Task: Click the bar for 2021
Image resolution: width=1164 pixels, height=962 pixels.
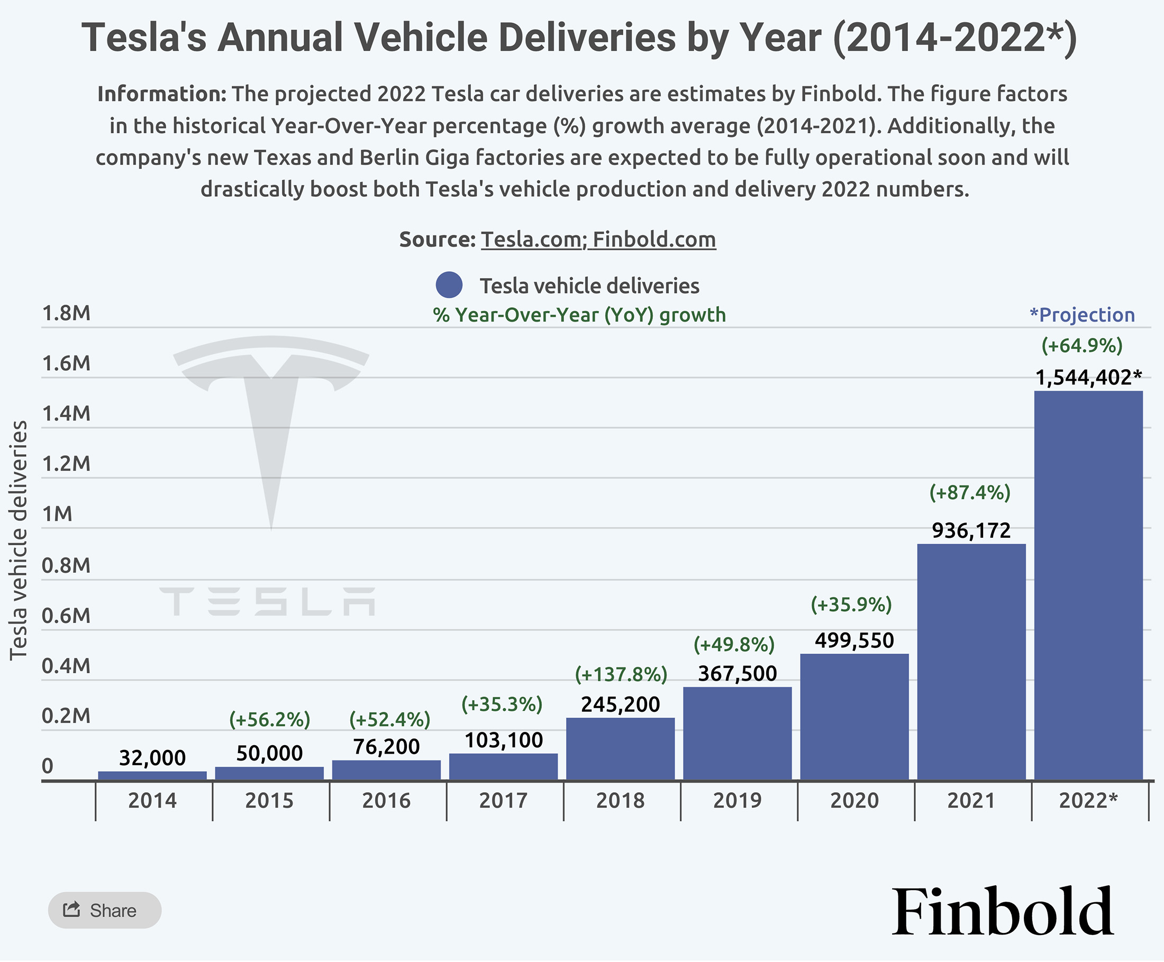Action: [x=971, y=662]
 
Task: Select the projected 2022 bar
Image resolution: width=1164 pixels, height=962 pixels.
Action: [x=1088, y=586]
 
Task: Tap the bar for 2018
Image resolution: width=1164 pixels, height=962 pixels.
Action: [x=620, y=749]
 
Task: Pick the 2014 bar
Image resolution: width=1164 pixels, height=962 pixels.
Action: [x=152, y=775]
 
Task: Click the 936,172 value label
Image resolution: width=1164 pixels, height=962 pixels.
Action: [x=971, y=531]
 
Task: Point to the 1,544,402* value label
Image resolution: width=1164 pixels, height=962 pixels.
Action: [x=1088, y=378]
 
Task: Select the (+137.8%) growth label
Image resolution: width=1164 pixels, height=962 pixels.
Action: [x=621, y=674]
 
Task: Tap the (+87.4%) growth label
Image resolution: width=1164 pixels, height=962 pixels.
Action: [x=970, y=493]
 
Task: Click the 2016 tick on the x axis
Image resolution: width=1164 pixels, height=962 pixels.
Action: [x=386, y=801]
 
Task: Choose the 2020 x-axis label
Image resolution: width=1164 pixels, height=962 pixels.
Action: [x=854, y=801]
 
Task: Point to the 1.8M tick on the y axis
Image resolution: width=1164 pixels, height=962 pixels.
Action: [x=66, y=314]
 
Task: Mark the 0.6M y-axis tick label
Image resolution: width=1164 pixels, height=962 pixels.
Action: [x=66, y=616]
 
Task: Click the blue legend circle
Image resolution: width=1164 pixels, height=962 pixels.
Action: [x=449, y=286]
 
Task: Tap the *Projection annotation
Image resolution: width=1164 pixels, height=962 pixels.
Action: [x=1082, y=315]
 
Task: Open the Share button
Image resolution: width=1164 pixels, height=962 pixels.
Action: [x=105, y=911]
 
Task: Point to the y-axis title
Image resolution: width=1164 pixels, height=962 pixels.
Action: [x=19, y=540]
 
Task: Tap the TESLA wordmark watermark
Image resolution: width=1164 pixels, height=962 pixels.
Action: [x=267, y=602]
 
